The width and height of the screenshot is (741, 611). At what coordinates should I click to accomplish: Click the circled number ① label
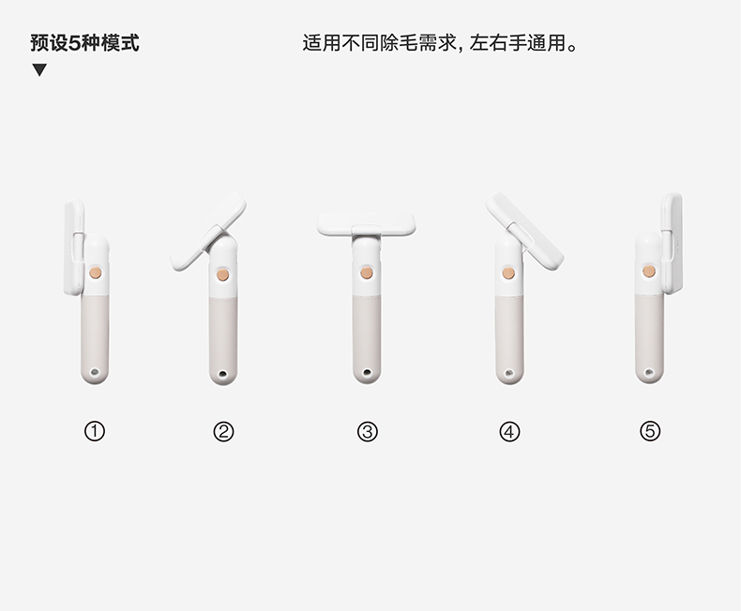(95, 431)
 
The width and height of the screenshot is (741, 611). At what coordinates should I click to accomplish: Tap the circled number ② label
(223, 432)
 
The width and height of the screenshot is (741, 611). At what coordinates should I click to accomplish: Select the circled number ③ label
(367, 432)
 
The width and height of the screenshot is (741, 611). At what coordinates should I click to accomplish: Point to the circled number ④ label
(509, 432)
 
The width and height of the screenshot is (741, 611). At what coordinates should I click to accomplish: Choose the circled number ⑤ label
(650, 431)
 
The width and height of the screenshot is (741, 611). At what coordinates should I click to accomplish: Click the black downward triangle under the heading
(39, 70)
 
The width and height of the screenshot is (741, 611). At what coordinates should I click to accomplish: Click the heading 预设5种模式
(85, 43)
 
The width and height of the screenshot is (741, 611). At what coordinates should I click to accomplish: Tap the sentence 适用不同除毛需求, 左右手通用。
(440, 43)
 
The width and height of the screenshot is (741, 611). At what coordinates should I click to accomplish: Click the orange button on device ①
(96, 273)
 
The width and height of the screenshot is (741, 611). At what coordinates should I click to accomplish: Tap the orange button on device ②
(222, 275)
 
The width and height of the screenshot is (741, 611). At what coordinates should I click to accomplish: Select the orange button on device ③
(367, 273)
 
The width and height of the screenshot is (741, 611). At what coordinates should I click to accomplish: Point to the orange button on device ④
(508, 273)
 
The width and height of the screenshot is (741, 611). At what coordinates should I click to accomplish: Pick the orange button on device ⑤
(649, 271)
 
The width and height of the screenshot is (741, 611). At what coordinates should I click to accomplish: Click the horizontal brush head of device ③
(366, 223)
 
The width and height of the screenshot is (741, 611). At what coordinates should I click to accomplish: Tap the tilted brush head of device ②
(208, 231)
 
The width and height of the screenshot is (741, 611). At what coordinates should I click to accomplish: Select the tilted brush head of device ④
(524, 231)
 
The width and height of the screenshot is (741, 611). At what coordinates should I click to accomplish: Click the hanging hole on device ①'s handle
(95, 372)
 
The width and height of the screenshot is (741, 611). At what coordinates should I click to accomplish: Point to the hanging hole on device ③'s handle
(367, 374)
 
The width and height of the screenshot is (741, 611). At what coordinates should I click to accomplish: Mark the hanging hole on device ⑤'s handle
(649, 373)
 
